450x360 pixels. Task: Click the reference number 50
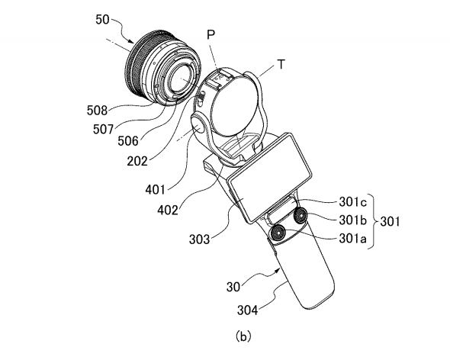(x=102, y=20)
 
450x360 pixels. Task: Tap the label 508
(x=97, y=111)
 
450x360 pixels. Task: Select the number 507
(x=103, y=129)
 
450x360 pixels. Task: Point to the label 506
(x=128, y=141)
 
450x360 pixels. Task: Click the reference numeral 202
(x=137, y=161)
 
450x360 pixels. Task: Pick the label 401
(x=156, y=189)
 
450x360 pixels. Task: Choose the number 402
(x=168, y=211)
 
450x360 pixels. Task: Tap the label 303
(x=200, y=239)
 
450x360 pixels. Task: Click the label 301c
(x=352, y=202)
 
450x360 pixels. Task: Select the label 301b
(x=352, y=220)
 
